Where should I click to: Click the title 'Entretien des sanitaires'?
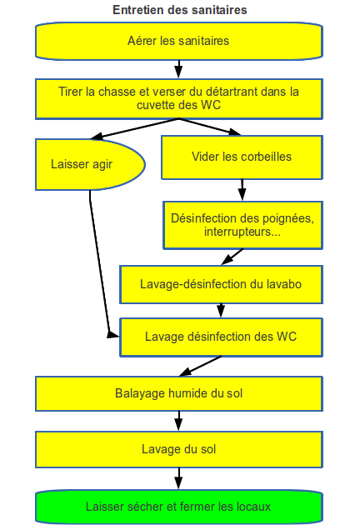pos(180,10)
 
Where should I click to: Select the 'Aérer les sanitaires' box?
pos(179,41)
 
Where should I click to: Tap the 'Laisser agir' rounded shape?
pos(90,164)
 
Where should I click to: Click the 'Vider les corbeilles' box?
pos(242,157)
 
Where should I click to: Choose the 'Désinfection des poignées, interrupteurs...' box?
pos(242,225)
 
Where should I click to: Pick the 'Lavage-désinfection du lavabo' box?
pos(221,285)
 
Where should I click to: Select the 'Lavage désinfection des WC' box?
pos(221,337)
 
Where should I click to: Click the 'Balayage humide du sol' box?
pos(179,393)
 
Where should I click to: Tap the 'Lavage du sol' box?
pos(179,449)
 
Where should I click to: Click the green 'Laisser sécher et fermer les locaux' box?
pos(179,507)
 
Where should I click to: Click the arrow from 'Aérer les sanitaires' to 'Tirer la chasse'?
pos(179,69)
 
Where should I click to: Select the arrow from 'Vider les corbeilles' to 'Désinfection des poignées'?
pos(242,190)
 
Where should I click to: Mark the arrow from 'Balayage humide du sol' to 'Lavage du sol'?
pos(179,421)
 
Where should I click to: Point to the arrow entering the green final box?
pos(179,478)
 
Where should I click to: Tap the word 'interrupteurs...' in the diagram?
pos(242,232)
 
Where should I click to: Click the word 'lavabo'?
pos(284,284)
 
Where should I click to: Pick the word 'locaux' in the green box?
pos(253,507)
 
